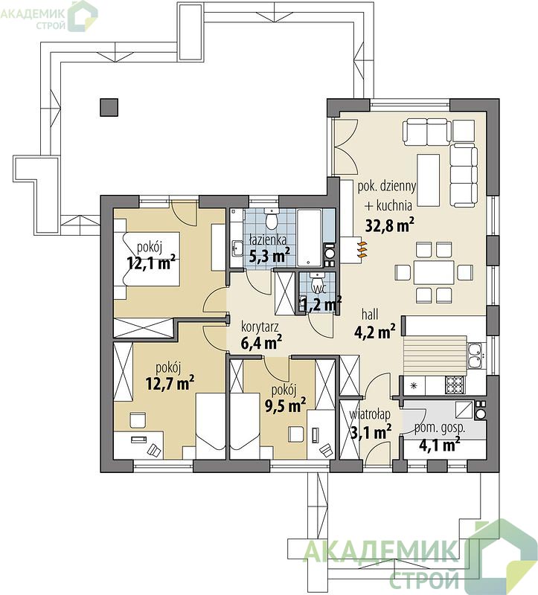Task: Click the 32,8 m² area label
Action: click(389, 225)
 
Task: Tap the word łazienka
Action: click(267, 239)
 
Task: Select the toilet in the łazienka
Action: click(272, 219)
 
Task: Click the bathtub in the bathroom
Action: click(310, 238)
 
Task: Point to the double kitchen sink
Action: click(475, 356)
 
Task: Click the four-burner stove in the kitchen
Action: click(455, 385)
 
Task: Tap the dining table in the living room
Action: click(434, 272)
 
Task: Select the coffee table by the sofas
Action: click(429, 180)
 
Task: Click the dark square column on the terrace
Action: click(109, 107)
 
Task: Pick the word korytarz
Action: click(260, 327)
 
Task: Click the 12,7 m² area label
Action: click(170, 383)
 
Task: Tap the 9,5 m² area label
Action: click(285, 405)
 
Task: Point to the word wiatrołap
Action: click(370, 414)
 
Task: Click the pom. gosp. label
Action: click(440, 428)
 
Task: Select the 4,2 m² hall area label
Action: click(375, 332)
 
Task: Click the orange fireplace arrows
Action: click(362, 249)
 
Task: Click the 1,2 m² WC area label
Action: click(321, 303)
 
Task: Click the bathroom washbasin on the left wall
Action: click(237, 249)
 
